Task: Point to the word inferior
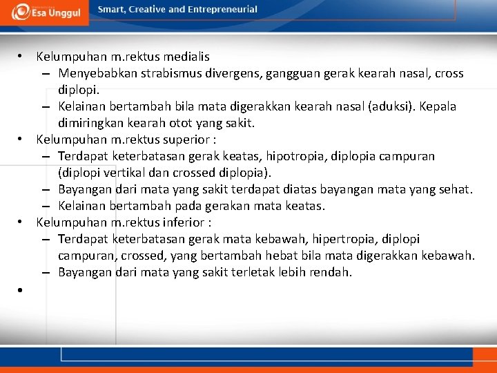click(183, 222)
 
